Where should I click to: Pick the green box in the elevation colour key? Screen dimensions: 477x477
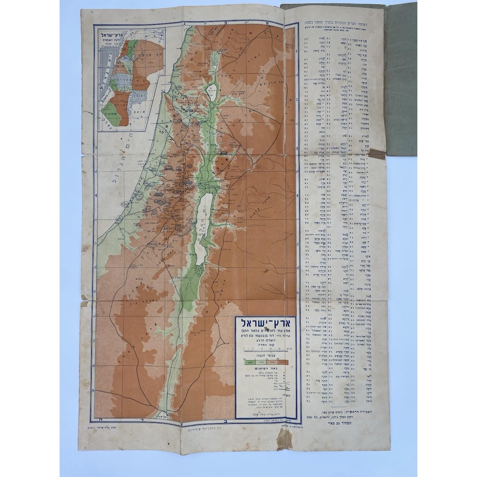(x=250, y=362)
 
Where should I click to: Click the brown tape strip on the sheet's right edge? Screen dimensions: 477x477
(x=377, y=154)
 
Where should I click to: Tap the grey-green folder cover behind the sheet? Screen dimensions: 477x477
(x=400, y=79)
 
